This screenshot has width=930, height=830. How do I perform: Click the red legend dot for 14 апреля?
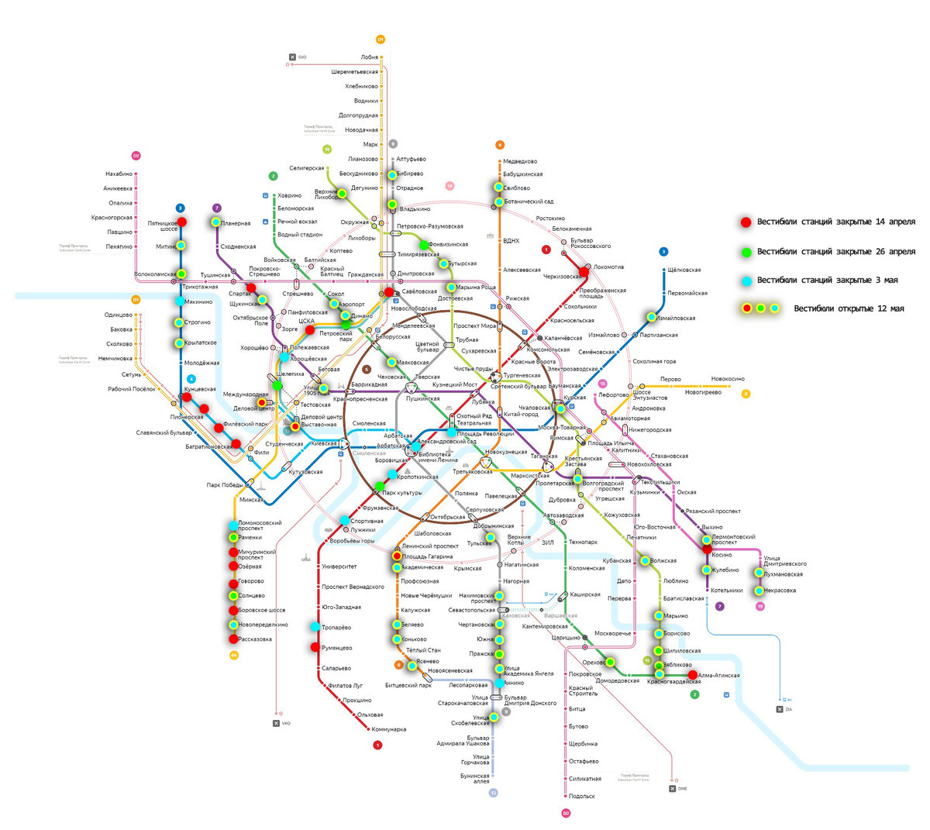click(x=746, y=222)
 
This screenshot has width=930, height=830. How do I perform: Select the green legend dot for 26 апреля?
click(x=746, y=252)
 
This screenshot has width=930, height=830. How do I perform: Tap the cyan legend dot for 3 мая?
click(x=746, y=281)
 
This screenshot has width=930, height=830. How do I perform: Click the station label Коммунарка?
click(x=388, y=729)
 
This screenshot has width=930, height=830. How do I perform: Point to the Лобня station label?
click(x=369, y=57)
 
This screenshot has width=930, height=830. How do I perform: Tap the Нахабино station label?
click(x=119, y=174)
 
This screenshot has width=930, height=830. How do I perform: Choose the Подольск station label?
click(x=581, y=796)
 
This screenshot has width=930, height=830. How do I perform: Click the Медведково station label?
click(x=519, y=161)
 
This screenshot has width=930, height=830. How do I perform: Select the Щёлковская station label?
click(x=684, y=270)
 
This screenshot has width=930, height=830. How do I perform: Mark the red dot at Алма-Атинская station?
click(x=693, y=675)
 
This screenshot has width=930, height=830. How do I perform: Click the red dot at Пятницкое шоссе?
click(x=182, y=222)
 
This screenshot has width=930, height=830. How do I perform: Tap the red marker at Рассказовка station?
click(x=232, y=639)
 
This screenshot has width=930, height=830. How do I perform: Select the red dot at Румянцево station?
click(x=315, y=647)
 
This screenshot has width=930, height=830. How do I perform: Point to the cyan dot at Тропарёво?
click(x=315, y=627)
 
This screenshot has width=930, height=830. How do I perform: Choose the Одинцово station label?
click(x=118, y=315)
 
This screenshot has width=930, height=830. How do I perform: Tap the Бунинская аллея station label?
click(x=474, y=777)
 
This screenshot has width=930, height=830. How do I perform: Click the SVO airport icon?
click(x=293, y=57)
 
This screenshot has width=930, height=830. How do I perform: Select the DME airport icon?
click(x=673, y=788)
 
